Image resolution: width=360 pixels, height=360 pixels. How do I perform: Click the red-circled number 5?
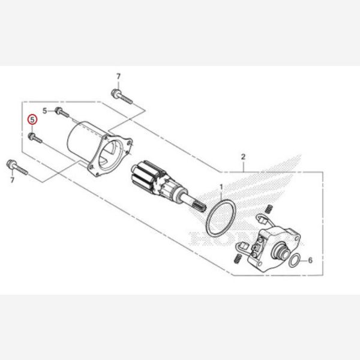(33, 119)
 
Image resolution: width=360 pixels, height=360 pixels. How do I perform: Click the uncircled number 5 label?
(44, 111)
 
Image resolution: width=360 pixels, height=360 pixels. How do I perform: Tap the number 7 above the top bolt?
(118, 76)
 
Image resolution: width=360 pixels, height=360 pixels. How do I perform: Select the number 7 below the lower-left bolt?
(11, 179)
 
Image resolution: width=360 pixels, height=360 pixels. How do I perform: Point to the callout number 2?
(243, 157)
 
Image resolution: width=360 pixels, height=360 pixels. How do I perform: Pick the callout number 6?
(311, 261)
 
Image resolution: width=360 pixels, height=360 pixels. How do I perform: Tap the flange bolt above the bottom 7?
(14, 165)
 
